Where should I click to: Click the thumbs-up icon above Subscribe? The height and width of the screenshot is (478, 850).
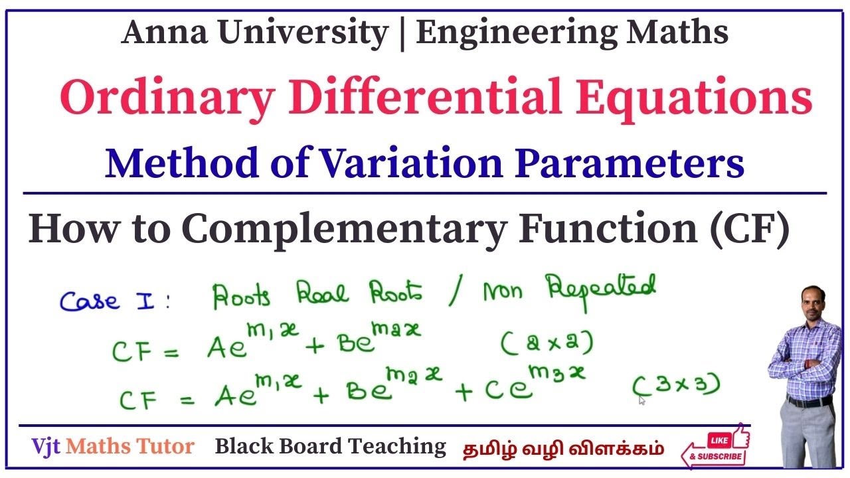[739, 436]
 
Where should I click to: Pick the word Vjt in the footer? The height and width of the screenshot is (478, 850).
[46, 447]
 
